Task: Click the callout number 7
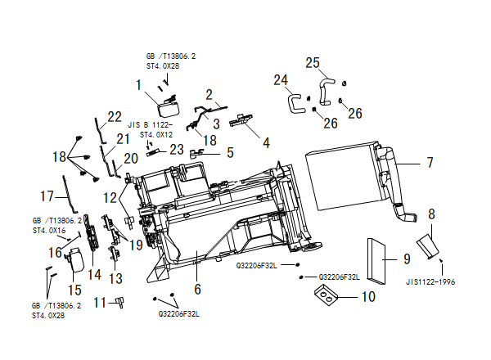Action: coord(430,163)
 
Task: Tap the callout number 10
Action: coord(368,296)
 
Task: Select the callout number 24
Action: coord(281,80)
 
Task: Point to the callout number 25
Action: coord(313,63)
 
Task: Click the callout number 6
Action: coord(197,289)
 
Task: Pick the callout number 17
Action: coord(47,196)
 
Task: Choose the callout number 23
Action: coord(177,150)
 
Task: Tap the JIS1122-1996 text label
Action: coord(430,282)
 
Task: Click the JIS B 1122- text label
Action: coord(150,124)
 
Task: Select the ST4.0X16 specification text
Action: coord(49,231)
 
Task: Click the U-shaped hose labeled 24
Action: coord(295,104)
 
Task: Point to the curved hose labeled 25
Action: coord(326,92)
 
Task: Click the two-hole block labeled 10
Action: coord(327,295)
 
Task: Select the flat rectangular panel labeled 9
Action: coord(376,261)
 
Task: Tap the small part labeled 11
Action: coord(120,303)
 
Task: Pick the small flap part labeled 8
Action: coord(427,246)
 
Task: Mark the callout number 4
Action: coord(266,142)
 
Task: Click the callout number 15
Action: coord(74,290)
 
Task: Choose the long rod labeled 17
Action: coord(70,193)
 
